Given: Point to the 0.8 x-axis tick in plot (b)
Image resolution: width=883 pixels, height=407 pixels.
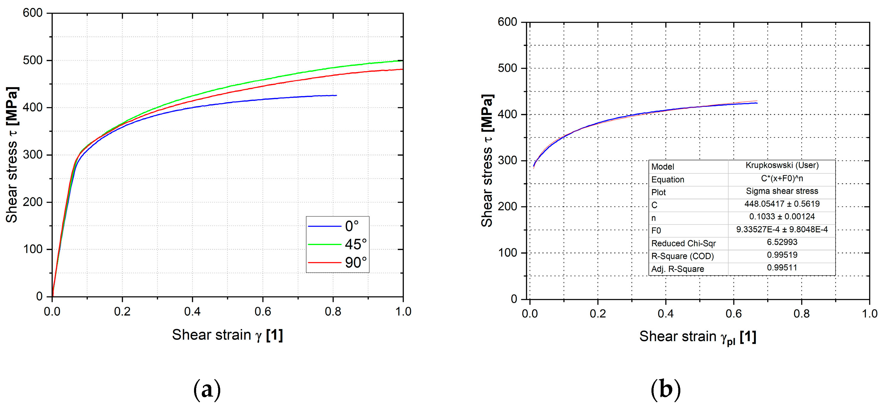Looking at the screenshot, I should pyautogui.click(x=801, y=314).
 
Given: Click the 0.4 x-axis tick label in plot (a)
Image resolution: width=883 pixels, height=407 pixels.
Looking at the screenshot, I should pyautogui.click(x=192, y=311).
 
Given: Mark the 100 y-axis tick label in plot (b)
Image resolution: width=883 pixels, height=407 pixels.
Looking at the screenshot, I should pyautogui.click(x=507, y=253).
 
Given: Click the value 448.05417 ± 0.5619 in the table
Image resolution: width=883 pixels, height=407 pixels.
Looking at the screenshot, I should pyautogui.click(x=782, y=204).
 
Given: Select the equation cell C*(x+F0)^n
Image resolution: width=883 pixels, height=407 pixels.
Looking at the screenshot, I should pyautogui.click(x=782, y=179).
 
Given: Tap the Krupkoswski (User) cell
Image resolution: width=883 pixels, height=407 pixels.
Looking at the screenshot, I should pyautogui.click(x=782, y=166).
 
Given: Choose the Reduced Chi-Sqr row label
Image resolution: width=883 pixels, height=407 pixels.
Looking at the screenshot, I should pyautogui.click(x=683, y=244).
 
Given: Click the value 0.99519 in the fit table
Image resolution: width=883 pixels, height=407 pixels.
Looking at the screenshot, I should pyautogui.click(x=782, y=255).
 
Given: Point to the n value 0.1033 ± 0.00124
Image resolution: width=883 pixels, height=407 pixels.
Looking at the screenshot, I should pyautogui.click(x=782, y=217).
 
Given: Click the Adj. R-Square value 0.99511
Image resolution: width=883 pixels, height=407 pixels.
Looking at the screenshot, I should pyautogui.click(x=782, y=268).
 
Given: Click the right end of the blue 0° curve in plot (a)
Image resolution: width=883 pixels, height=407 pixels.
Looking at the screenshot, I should pyautogui.click(x=336, y=96).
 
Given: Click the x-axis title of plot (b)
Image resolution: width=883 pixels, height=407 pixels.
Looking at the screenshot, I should pyautogui.click(x=698, y=337).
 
